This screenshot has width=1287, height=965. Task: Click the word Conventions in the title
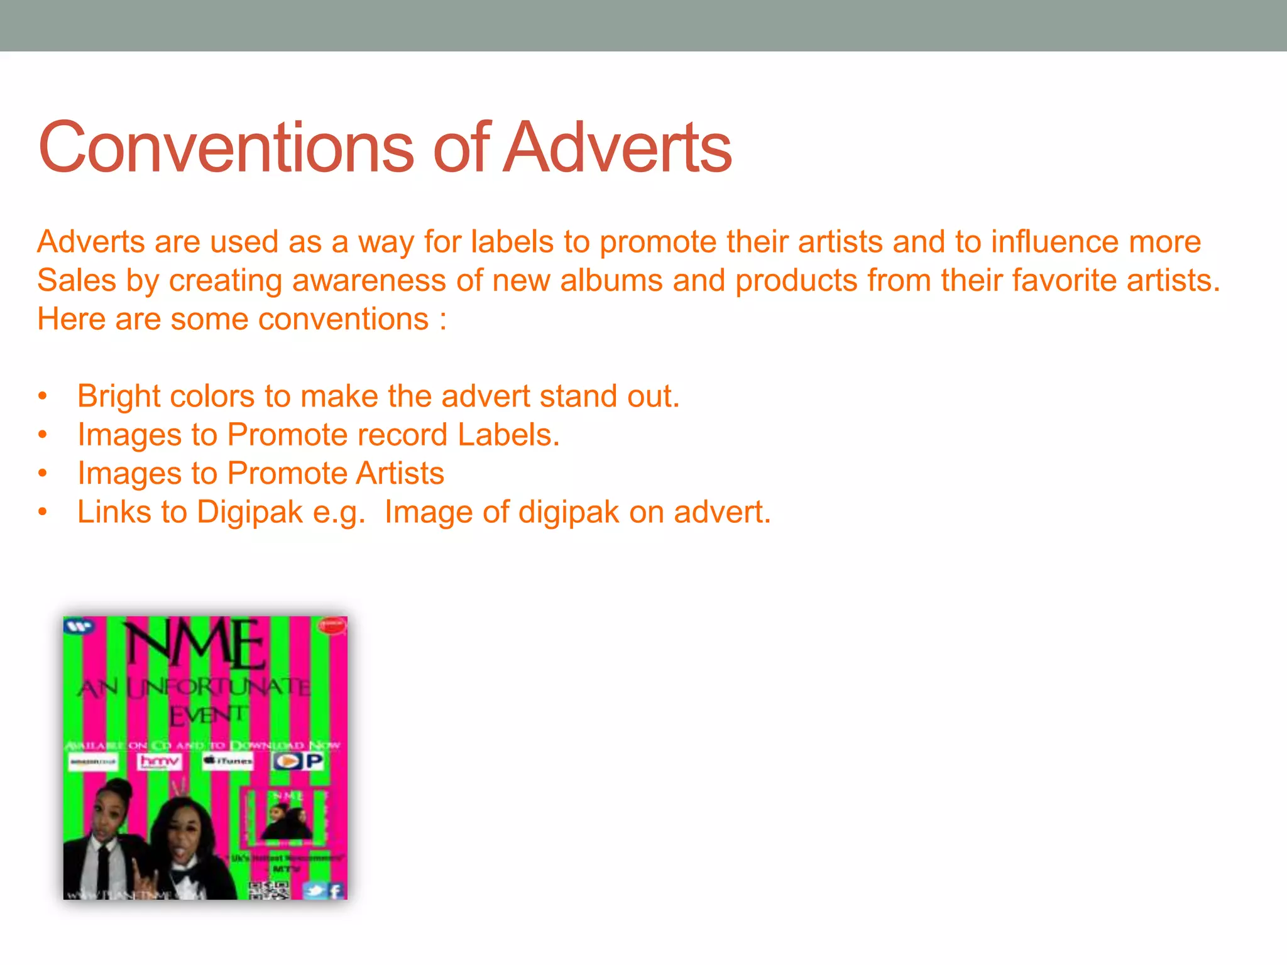225,148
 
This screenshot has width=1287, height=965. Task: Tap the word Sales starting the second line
76,280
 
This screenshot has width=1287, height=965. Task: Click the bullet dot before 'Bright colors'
42,396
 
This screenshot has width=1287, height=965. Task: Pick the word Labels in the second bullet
508,435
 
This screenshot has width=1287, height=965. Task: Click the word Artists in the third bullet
399,473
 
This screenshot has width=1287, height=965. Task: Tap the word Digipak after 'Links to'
249,512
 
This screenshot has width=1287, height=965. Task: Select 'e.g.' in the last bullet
339,512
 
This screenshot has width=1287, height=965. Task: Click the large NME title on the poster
196,645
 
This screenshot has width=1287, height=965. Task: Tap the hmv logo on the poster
160,762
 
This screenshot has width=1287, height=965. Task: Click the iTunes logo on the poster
227,761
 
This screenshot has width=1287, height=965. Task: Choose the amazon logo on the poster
93,762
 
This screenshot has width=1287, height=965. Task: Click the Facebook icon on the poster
336,890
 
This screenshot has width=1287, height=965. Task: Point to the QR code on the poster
269,890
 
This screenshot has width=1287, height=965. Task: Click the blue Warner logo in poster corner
79,626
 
